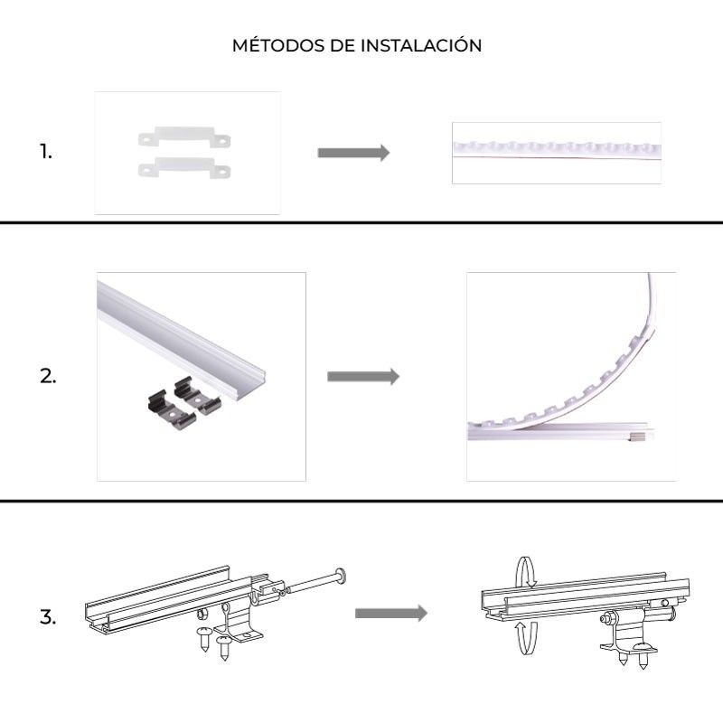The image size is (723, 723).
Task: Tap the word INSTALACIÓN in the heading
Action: [424, 46]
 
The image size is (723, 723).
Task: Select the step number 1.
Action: [46, 152]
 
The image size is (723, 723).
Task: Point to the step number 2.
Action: [48, 378]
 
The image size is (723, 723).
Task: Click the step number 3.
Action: [48, 619]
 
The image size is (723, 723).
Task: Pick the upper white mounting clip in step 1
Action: [183, 138]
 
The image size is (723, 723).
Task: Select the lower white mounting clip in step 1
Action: [183, 166]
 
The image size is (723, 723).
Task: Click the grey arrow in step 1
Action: [353, 153]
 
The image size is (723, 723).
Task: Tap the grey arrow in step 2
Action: [362, 376]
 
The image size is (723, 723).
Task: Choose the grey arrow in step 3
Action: [390, 614]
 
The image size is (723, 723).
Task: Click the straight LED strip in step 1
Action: [556, 150]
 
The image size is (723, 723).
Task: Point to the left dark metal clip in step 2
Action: [165, 404]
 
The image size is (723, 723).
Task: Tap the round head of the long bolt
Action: [341, 575]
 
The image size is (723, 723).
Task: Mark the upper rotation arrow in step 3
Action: [524, 572]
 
